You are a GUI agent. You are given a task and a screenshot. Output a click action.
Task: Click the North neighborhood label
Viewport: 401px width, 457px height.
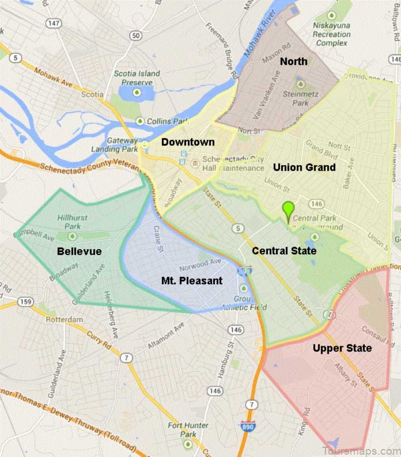click(x=293, y=62)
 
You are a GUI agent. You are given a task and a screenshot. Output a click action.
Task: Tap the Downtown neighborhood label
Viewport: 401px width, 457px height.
click(x=188, y=142)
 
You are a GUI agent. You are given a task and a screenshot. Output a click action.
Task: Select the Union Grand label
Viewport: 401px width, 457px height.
click(x=304, y=168)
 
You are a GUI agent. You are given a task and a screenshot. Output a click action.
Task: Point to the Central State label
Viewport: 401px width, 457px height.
click(x=284, y=250)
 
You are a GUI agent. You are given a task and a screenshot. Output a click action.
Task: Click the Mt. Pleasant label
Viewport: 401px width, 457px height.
click(x=189, y=280)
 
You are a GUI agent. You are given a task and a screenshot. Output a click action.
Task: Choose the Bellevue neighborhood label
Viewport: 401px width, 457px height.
click(x=79, y=252)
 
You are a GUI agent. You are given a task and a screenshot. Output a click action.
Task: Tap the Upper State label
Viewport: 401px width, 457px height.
click(x=342, y=348)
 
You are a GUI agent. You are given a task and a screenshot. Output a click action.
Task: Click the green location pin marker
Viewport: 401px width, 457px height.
click(x=287, y=210)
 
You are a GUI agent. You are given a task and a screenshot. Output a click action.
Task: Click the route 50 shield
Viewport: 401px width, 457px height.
click(x=136, y=36)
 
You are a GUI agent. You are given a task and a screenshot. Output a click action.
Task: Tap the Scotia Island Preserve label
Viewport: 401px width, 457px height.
click(x=133, y=78)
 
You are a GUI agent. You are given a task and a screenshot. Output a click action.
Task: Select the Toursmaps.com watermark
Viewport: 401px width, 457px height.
click(x=360, y=450)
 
